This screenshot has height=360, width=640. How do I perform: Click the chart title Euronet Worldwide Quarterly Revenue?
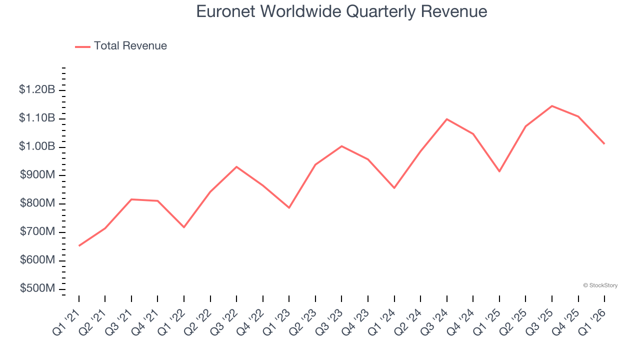pyautogui.click(x=341, y=11)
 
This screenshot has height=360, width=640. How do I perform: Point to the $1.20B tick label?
pyautogui.click(x=37, y=90)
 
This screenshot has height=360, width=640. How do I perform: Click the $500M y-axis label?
pyautogui.click(x=37, y=289)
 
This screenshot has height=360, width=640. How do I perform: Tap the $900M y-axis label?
pyautogui.click(x=37, y=175)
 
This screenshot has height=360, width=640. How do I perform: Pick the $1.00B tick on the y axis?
pyautogui.click(x=37, y=147)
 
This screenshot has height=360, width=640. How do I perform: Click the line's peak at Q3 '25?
pyautogui.click(x=552, y=106)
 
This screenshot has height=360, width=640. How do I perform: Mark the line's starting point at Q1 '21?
pyautogui.click(x=79, y=245)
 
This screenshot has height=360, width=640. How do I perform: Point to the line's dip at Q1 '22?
pyautogui.click(x=184, y=227)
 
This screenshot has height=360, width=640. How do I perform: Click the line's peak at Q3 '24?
pyautogui.click(x=446, y=119)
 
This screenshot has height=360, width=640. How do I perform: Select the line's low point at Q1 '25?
pyautogui.click(x=499, y=171)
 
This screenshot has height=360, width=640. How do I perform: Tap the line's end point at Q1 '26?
pyautogui.click(x=604, y=143)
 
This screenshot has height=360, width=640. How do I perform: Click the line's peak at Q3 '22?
pyautogui.click(x=236, y=166)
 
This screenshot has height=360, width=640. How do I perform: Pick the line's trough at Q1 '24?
pyautogui.click(x=394, y=188)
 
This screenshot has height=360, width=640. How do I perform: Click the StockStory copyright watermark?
pyautogui.click(x=600, y=285)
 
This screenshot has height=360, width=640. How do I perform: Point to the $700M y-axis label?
pyautogui.click(x=37, y=232)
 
